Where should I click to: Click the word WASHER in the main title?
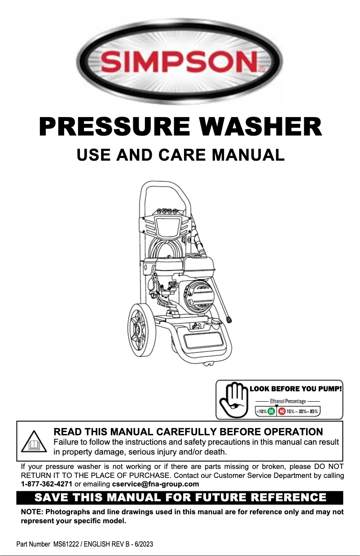tap(261, 127)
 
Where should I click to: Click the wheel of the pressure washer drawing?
tap(142, 330)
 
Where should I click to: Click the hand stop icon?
tap(234, 400)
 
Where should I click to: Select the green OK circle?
tap(271, 412)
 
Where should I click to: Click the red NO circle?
tap(281, 412)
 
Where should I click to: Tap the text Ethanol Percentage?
tap(288, 401)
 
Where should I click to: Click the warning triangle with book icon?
tap(34, 442)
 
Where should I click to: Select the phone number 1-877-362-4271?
tap(46, 484)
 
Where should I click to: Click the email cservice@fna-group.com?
tap(155, 484)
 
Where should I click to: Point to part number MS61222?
tap(66, 544)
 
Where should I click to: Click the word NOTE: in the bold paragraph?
tap(32, 512)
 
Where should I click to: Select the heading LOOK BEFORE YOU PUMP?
tap(296, 389)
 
